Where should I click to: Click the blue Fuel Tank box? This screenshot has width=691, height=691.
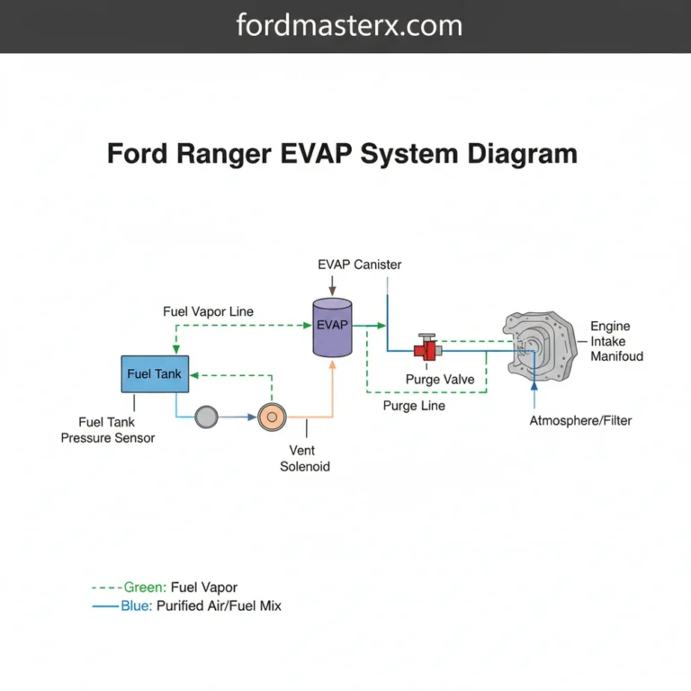click(155, 373)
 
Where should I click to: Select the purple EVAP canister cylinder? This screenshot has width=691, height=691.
click(332, 325)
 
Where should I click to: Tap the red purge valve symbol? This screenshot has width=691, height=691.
click(426, 349)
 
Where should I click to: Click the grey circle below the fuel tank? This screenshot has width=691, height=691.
click(207, 417)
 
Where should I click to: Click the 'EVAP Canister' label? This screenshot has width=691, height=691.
click(359, 265)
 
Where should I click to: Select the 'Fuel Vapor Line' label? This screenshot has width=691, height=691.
click(208, 311)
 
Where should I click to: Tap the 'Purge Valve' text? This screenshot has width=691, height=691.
click(439, 380)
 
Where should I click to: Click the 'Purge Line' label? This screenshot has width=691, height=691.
click(413, 406)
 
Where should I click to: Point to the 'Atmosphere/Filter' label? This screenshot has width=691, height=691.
click(580, 420)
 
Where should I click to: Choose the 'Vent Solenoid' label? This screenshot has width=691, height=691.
click(305, 458)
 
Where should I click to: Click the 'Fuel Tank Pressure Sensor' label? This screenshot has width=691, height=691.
click(108, 429)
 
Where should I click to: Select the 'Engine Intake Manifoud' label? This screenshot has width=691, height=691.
click(616, 341)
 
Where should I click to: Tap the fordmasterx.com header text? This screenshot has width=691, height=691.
click(349, 25)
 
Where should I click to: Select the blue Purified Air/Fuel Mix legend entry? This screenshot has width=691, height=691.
click(187, 606)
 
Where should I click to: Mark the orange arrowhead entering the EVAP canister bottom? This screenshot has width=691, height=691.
click(333, 362)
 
